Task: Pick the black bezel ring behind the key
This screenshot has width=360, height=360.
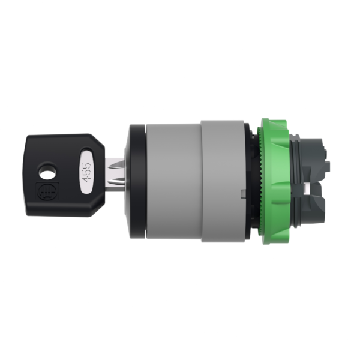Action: point(137,180)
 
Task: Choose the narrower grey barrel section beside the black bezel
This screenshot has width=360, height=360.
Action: point(173,180)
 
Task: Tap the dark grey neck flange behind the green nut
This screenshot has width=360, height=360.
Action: point(293,180)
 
